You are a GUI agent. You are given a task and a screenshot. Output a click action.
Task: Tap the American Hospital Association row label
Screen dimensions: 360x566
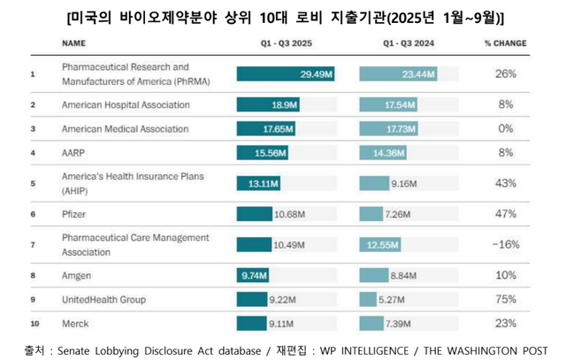tap(126, 105)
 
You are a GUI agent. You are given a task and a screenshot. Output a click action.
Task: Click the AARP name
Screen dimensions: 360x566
tap(73, 153)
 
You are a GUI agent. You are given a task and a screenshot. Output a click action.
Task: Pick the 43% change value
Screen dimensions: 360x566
tap(505, 183)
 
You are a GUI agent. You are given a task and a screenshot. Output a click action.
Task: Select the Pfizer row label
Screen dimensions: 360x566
tap(74, 214)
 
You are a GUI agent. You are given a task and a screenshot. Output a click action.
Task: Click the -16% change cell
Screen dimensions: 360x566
tap(505, 244)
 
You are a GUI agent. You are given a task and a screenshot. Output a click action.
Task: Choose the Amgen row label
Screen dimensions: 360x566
tap(77, 275)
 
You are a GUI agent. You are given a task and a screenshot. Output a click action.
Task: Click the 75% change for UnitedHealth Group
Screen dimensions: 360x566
tap(505, 299)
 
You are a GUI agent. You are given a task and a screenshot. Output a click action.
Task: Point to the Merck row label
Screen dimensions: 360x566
tap(75, 323)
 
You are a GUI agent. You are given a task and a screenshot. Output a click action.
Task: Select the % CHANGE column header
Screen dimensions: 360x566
tap(505, 42)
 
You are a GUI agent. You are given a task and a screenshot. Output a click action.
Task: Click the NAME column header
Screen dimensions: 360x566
tap(73, 42)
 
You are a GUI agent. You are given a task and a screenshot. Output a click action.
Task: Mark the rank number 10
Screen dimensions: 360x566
tap(33, 323)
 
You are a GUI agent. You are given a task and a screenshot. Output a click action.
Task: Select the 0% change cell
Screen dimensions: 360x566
tap(505, 129)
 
